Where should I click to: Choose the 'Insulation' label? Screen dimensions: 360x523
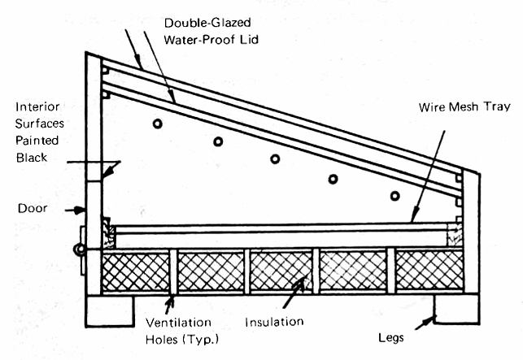[275, 322]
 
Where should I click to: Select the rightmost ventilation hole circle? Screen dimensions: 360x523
[394, 196]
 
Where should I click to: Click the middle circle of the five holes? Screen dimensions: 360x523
[275, 158]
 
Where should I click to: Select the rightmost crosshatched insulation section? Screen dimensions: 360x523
[429, 271]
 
